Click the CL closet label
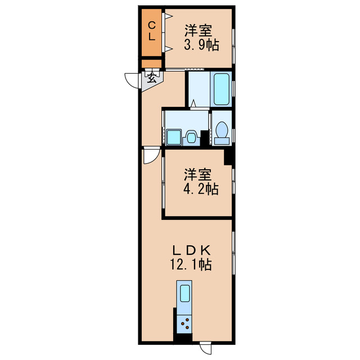152,30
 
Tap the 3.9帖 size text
201,45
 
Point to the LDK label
194,250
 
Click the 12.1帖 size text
193,264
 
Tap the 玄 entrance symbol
152,77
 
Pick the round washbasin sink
192,137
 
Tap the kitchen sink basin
185,294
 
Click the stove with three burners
184,323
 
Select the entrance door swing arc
132,81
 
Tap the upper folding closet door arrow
169,16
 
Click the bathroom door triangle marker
193,103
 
